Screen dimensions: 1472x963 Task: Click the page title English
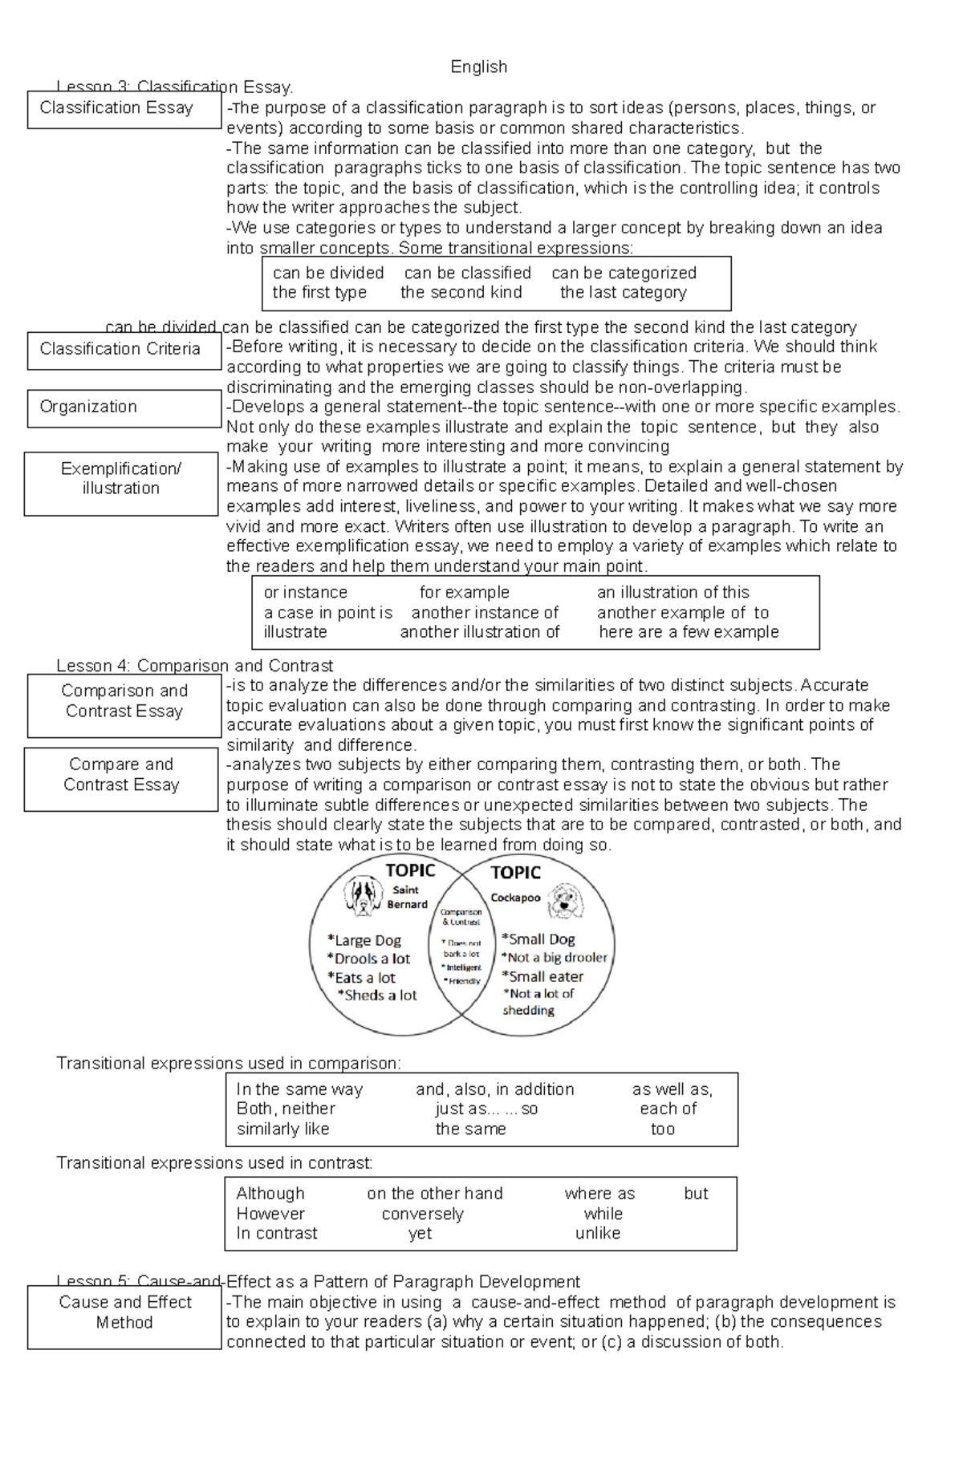[478, 67]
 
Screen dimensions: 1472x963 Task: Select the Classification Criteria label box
[124, 350]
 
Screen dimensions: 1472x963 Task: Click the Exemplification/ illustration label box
[121, 483]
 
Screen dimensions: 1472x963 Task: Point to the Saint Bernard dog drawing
[362, 895]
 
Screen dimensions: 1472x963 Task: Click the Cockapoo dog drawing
[567, 902]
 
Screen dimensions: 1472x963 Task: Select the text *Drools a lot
[368, 959]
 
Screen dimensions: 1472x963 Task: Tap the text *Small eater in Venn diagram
[542, 976]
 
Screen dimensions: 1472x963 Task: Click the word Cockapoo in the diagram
[515, 898]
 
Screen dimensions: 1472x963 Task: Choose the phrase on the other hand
[434, 1194]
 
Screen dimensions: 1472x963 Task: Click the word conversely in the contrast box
[422, 1214]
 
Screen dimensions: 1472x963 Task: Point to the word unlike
[597, 1234]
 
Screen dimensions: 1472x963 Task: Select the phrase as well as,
[672, 1089]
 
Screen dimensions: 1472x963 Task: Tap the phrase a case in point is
[327, 613]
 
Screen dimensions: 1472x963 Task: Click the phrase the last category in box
[623, 293]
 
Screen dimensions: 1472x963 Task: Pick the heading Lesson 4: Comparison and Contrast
[194, 666]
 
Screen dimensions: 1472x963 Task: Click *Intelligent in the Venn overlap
[462, 967]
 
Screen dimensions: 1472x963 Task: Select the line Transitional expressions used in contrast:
[214, 1163]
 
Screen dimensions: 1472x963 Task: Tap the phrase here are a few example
[689, 632]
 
